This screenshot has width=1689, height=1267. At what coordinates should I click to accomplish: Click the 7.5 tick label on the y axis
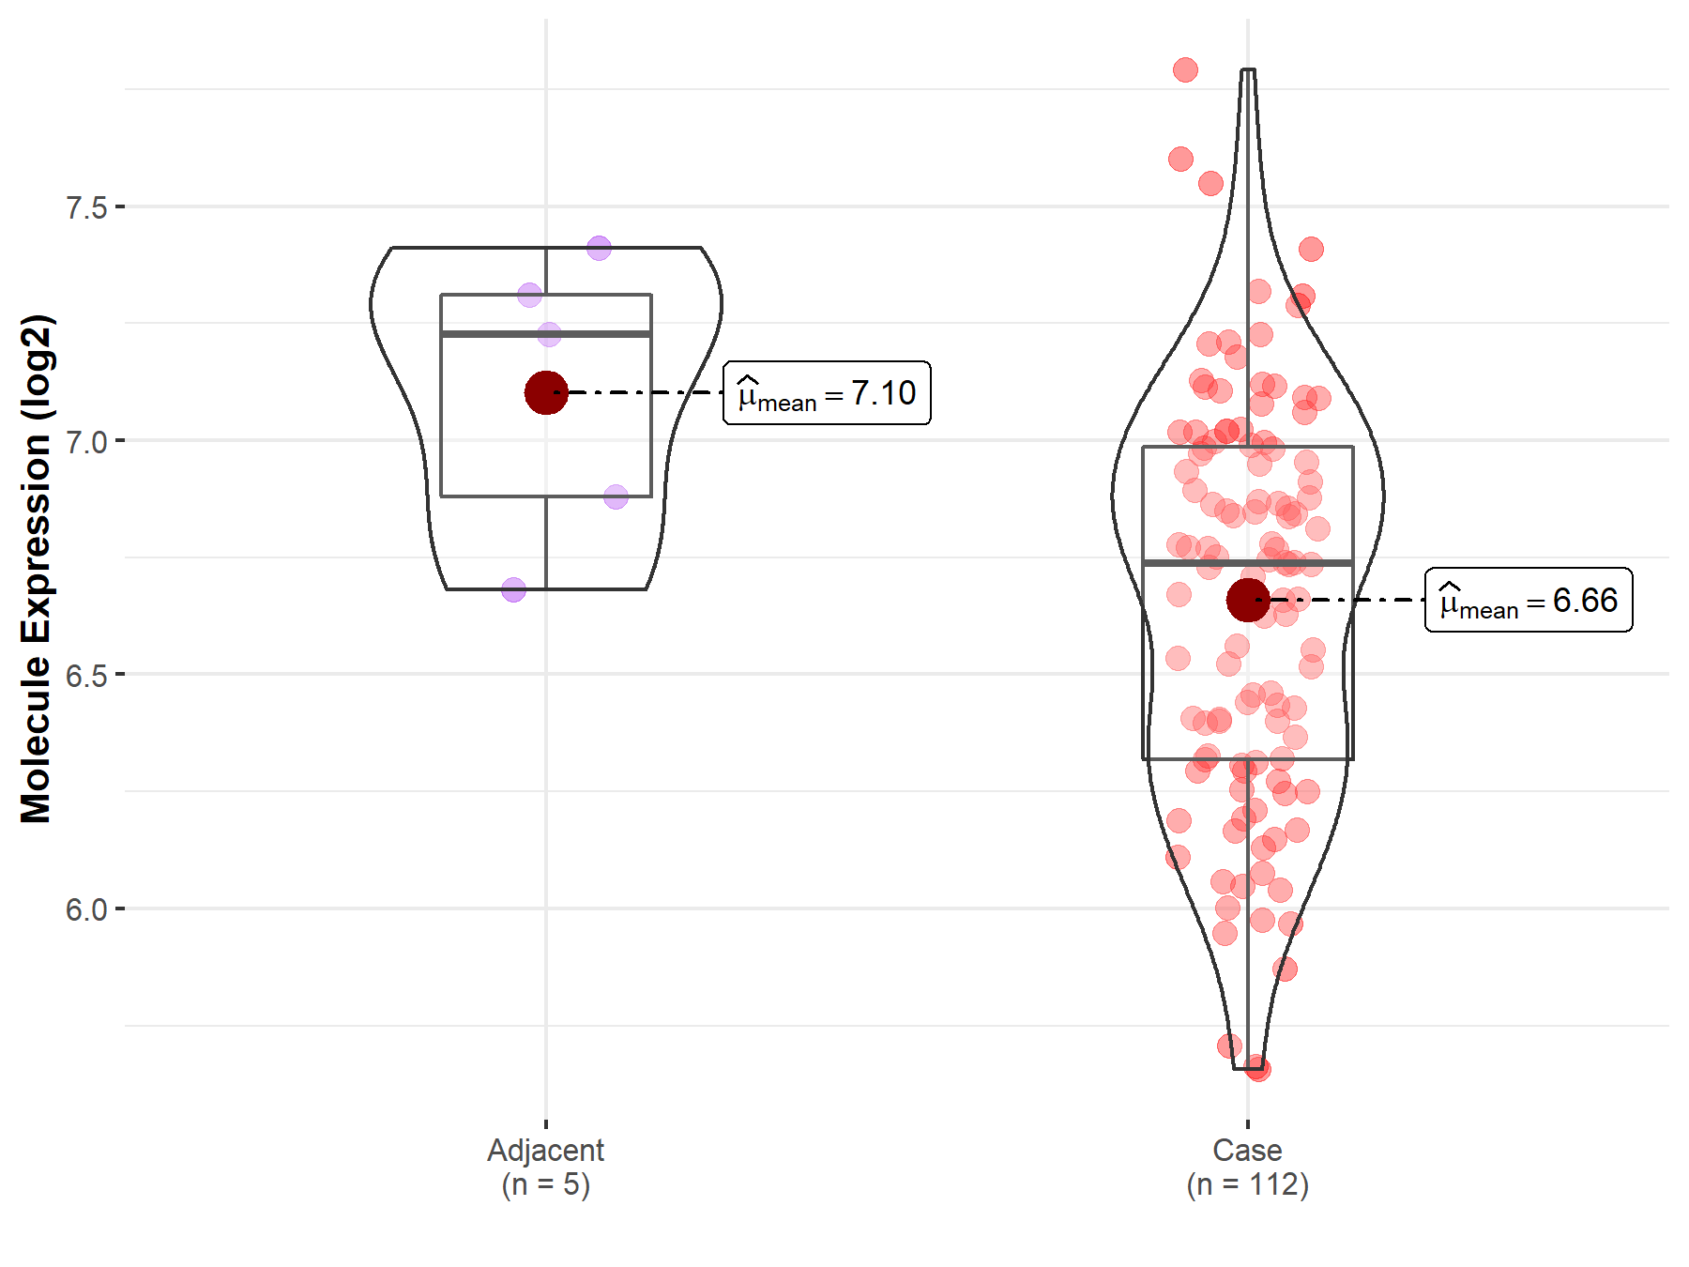point(86,206)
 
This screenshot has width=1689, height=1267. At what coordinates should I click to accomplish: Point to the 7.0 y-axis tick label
point(86,441)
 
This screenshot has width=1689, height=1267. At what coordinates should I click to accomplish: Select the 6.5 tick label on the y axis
point(86,675)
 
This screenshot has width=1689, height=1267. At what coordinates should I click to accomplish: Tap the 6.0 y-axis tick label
point(86,908)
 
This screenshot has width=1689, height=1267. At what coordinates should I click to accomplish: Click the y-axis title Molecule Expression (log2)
point(37,569)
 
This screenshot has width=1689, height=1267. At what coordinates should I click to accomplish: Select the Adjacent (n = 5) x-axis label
point(546,1167)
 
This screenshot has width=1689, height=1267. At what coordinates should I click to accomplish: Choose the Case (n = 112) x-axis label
point(1247,1167)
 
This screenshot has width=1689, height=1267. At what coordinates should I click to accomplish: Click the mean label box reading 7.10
point(827,392)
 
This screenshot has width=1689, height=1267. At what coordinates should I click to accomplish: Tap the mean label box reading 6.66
point(1529,600)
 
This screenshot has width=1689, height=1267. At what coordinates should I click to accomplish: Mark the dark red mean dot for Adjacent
point(546,392)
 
